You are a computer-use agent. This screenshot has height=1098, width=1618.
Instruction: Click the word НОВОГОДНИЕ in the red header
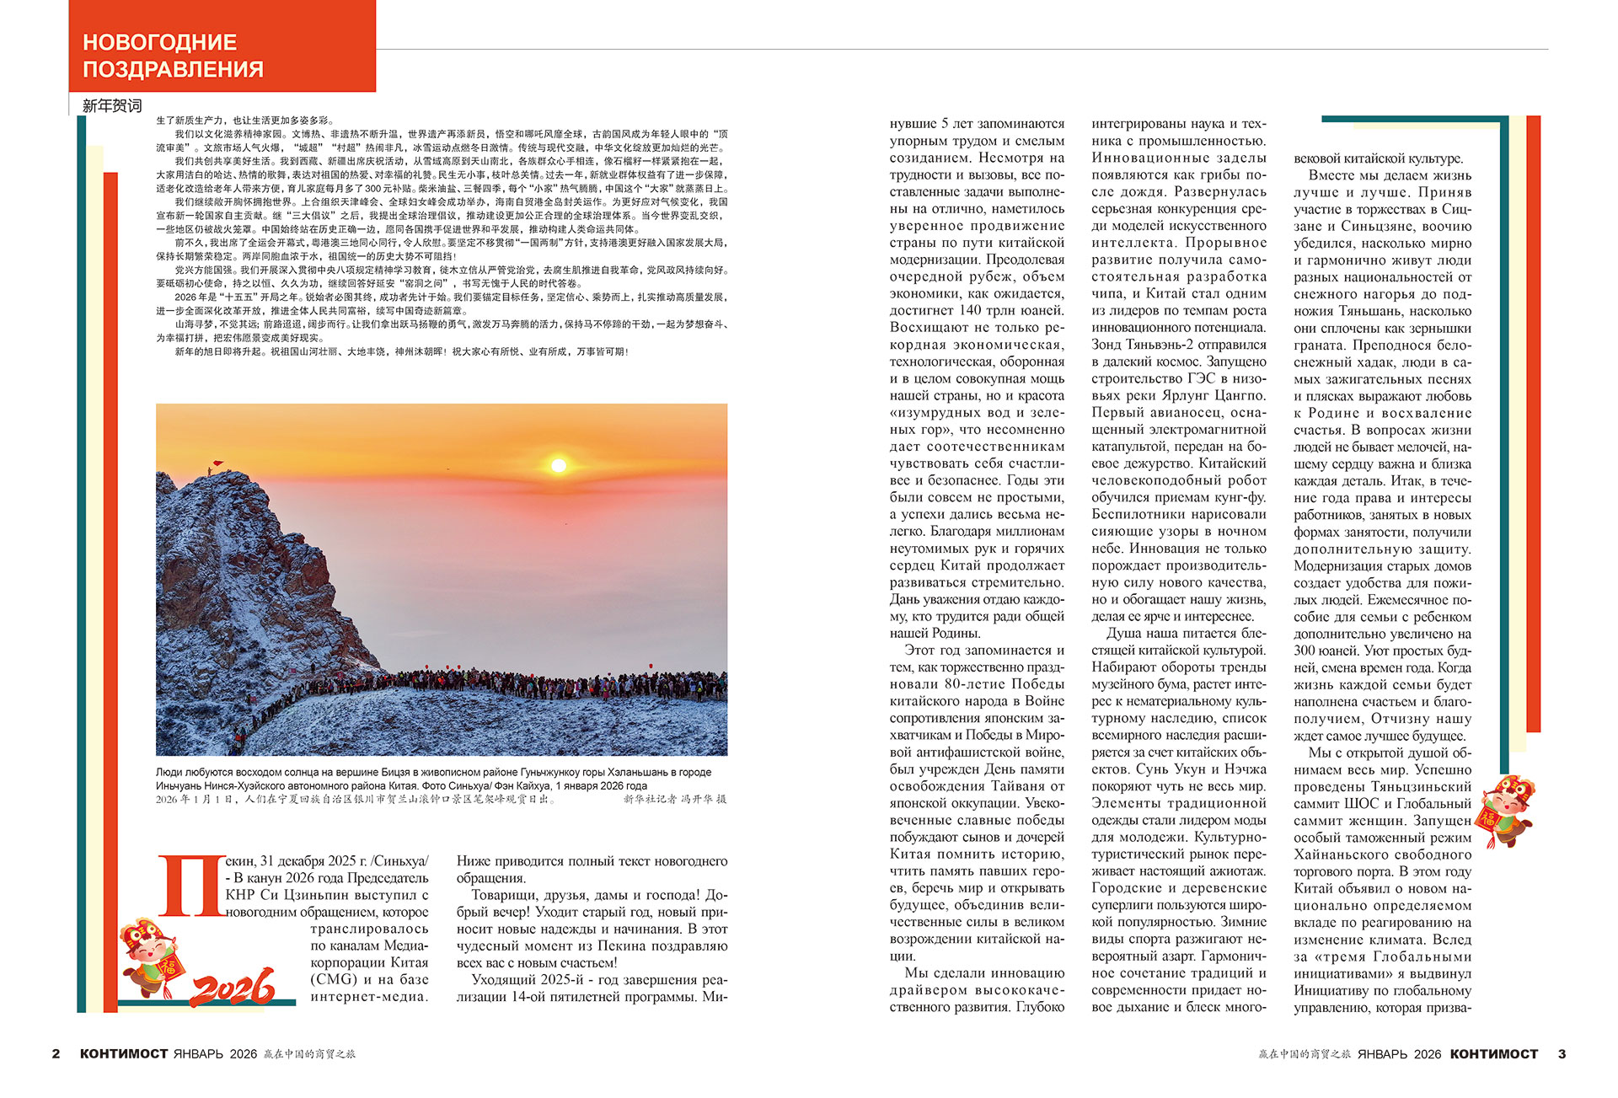click(x=159, y=42)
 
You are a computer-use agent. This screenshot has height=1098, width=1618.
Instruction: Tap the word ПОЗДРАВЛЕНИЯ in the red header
click(x=173, y=69)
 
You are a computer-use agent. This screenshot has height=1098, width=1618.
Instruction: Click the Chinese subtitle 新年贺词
click(x=112, y=106)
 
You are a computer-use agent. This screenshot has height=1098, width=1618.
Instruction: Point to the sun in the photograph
click(x=558, y=465)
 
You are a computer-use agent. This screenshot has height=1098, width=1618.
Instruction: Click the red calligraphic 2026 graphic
click(x=233, y=987)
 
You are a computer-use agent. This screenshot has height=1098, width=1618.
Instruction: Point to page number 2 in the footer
click(x=56, y=1053)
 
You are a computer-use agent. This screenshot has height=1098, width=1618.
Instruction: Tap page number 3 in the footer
click(x=1562, y=1053)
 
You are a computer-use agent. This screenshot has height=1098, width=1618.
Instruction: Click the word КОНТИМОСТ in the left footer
click(x=124, y=1053)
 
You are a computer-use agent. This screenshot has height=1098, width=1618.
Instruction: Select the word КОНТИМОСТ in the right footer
click(x=1494, y=1053)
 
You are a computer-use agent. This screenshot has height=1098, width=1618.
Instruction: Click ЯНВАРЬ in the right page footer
click(x=1382, y=1053)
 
